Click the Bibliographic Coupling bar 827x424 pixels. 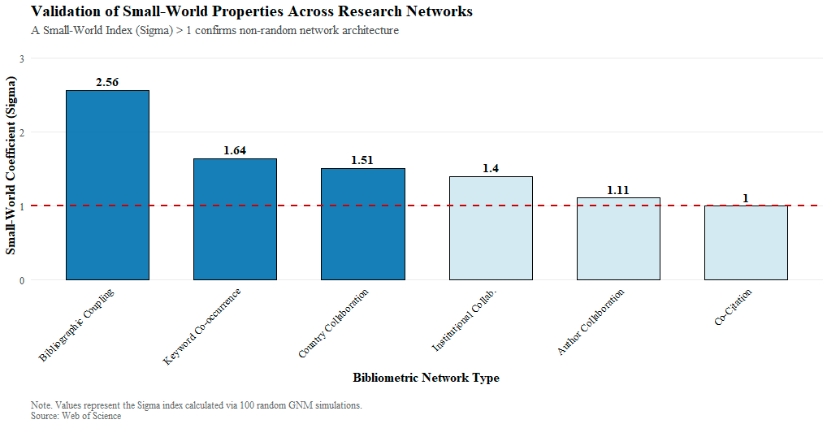click(x=107, y=185)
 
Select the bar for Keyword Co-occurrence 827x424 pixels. click(x=235, y=219)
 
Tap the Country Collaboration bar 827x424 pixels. click(x=362, y=224)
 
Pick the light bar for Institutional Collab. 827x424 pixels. click(x=491, y=228)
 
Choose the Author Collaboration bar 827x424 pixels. click(x=618, y=239)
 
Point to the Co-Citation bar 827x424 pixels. click(x=746, y=243)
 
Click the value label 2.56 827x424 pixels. click(x=107, y=82)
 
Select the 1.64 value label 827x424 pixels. click(x=235, y=150)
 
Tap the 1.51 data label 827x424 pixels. click(x=362, y=160)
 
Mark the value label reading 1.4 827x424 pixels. click(x=491, y=168)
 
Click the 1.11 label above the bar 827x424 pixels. click(x=618, y=190)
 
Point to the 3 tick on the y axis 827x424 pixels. click(x=22, y=58)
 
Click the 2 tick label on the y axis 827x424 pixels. click(x=22, y=132)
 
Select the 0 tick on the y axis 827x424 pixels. click(x=22, y=281)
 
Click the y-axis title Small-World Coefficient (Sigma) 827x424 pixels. click(x=11, y=166)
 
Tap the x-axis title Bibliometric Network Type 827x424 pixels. click(x=426, y=378)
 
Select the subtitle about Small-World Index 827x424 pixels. click(x=214, y=31)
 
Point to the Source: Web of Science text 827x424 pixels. click(x=76, y=416)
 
